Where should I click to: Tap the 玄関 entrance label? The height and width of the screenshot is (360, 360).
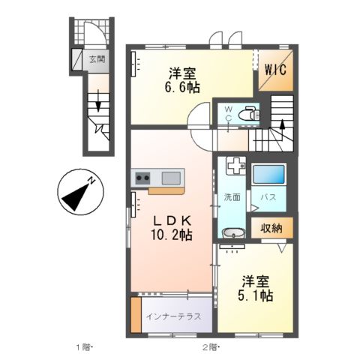coord(95,58)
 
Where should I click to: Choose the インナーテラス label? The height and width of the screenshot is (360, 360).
coord(173,316)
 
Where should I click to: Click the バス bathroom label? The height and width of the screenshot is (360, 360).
coord(268,197)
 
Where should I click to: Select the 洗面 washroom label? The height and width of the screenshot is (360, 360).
coord(232,197)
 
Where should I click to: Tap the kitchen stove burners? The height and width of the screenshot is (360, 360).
coord(143,178)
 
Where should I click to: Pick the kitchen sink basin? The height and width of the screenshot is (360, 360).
coord(171,178)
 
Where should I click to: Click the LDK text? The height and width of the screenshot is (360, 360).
coord(173,220)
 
